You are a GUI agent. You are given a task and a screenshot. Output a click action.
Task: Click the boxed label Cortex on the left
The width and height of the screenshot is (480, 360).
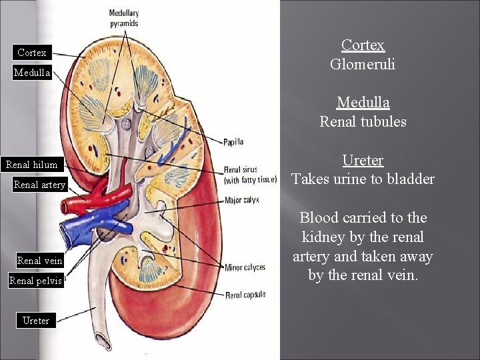(32, 52)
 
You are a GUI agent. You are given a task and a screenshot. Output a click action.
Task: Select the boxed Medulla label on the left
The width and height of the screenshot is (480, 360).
(32, 73)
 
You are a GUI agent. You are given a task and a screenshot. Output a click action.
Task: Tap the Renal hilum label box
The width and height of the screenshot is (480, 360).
(31, 165)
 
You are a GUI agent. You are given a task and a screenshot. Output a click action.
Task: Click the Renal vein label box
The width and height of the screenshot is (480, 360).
(39, 261)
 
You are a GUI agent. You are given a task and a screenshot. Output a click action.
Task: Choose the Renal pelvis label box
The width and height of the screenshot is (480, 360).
(35, 281)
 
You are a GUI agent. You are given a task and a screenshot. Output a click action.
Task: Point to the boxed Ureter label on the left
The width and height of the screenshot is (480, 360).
(35, 320)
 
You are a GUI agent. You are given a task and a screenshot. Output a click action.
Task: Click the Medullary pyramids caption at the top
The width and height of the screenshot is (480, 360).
(124, 19)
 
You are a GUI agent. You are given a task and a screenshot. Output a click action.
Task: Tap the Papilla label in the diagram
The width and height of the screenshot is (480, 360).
(233, 141)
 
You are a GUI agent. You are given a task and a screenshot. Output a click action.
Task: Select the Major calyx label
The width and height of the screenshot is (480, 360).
(241, 200)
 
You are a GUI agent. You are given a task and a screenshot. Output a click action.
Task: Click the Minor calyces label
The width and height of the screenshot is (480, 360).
(245, 268)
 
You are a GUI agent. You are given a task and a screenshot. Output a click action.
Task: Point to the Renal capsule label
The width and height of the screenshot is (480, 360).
(245, 295)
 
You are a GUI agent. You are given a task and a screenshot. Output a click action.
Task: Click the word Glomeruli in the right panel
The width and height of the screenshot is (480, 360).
(363, 65)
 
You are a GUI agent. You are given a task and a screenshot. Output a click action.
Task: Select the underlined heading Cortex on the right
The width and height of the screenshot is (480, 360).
(363, 45)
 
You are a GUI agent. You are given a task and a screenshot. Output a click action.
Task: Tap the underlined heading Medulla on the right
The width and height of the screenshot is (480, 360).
(363, 103)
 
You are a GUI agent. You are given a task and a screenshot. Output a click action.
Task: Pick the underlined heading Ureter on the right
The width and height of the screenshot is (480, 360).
(363, 161)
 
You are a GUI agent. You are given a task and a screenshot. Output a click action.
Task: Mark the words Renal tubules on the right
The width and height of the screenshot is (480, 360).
(363, 122)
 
